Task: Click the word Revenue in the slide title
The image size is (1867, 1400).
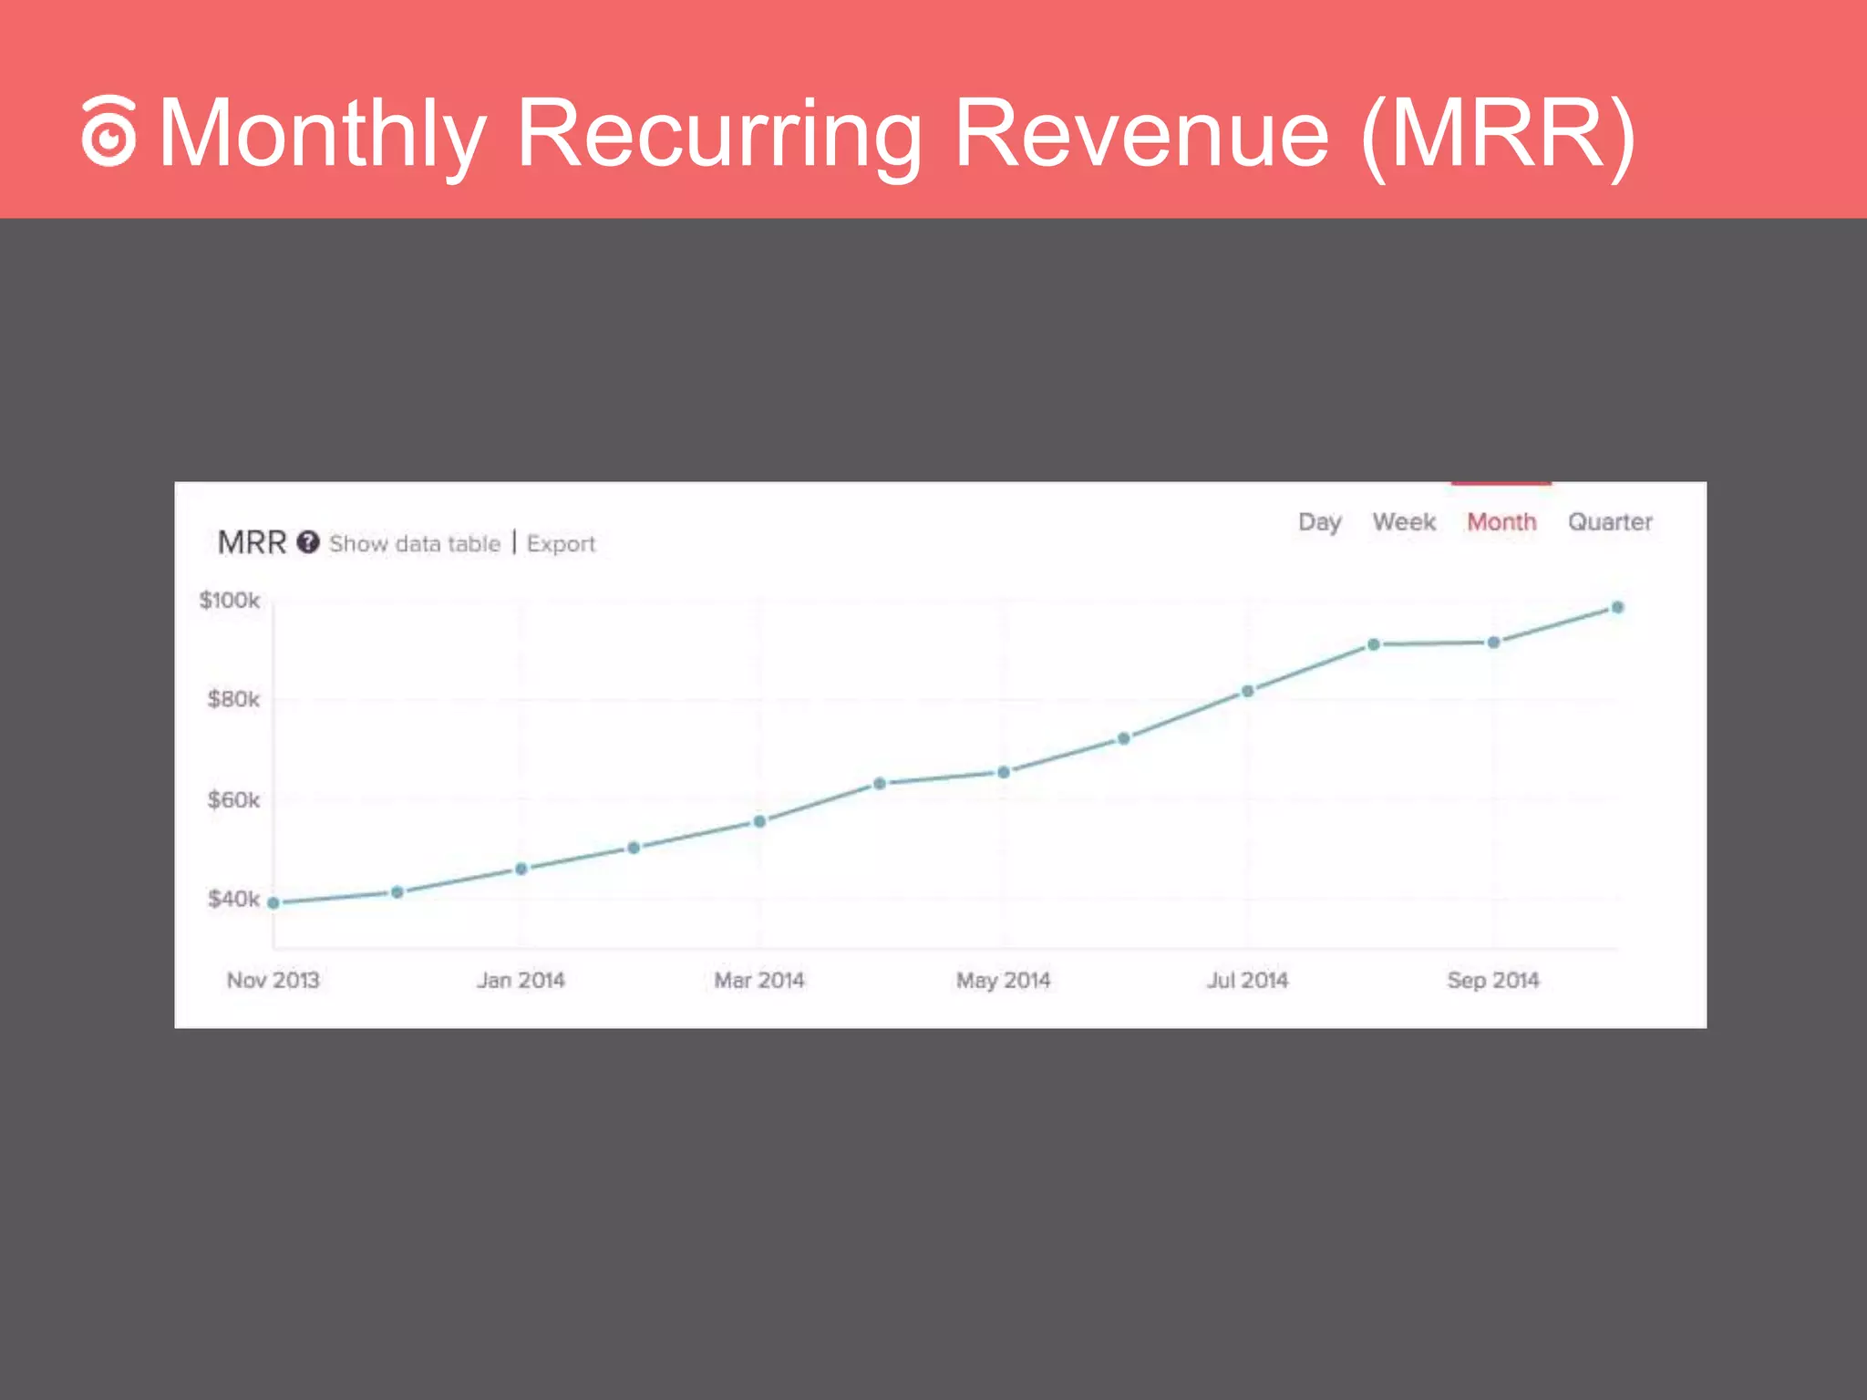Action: pyautogui.click(x=1141, y=134)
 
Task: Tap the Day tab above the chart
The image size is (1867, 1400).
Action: pyautogui.click(x=1319, y=522)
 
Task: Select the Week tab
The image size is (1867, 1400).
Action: pyautogui.click(x=1404, y=522)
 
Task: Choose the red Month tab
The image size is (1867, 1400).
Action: pyautogui.click(x=1501, y=522)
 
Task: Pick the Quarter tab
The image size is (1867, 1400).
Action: pyautogui.click(x=1610, y=522)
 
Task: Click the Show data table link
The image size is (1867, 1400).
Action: pyautogui.click(x=415, y=544)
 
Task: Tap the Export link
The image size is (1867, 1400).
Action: pyautogui.click(x=561, y=544)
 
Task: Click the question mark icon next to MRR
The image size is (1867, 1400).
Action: pyautogui.click(x=308, y=542)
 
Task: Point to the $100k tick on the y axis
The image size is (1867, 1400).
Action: pyautogui.click(x=230, y=601)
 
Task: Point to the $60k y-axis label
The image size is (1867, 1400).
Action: pyautogui.click(x=233, y=800)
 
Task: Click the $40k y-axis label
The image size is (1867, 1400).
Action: pyautogui.click(x=233, y=900)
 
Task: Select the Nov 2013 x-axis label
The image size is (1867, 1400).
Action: pyautogui.click(x=273, y=981)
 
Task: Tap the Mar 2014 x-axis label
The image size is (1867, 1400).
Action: pyautogui.click(x=759, y=981)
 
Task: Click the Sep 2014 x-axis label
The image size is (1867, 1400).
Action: pyautogui.click(x=1493, y=981)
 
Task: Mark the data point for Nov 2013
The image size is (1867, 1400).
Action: pyautogui.click(x=273, y=903)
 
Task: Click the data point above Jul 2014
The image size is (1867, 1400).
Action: pyautogui.click(x=1248, y=691)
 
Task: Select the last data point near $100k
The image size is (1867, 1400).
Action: pyautogui.click(x=1617, y=607)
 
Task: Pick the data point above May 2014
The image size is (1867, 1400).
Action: pyautogui.click(x=1004, y=772)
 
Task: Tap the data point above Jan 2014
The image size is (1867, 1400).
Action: pyautogui.click(x=521, y=869)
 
